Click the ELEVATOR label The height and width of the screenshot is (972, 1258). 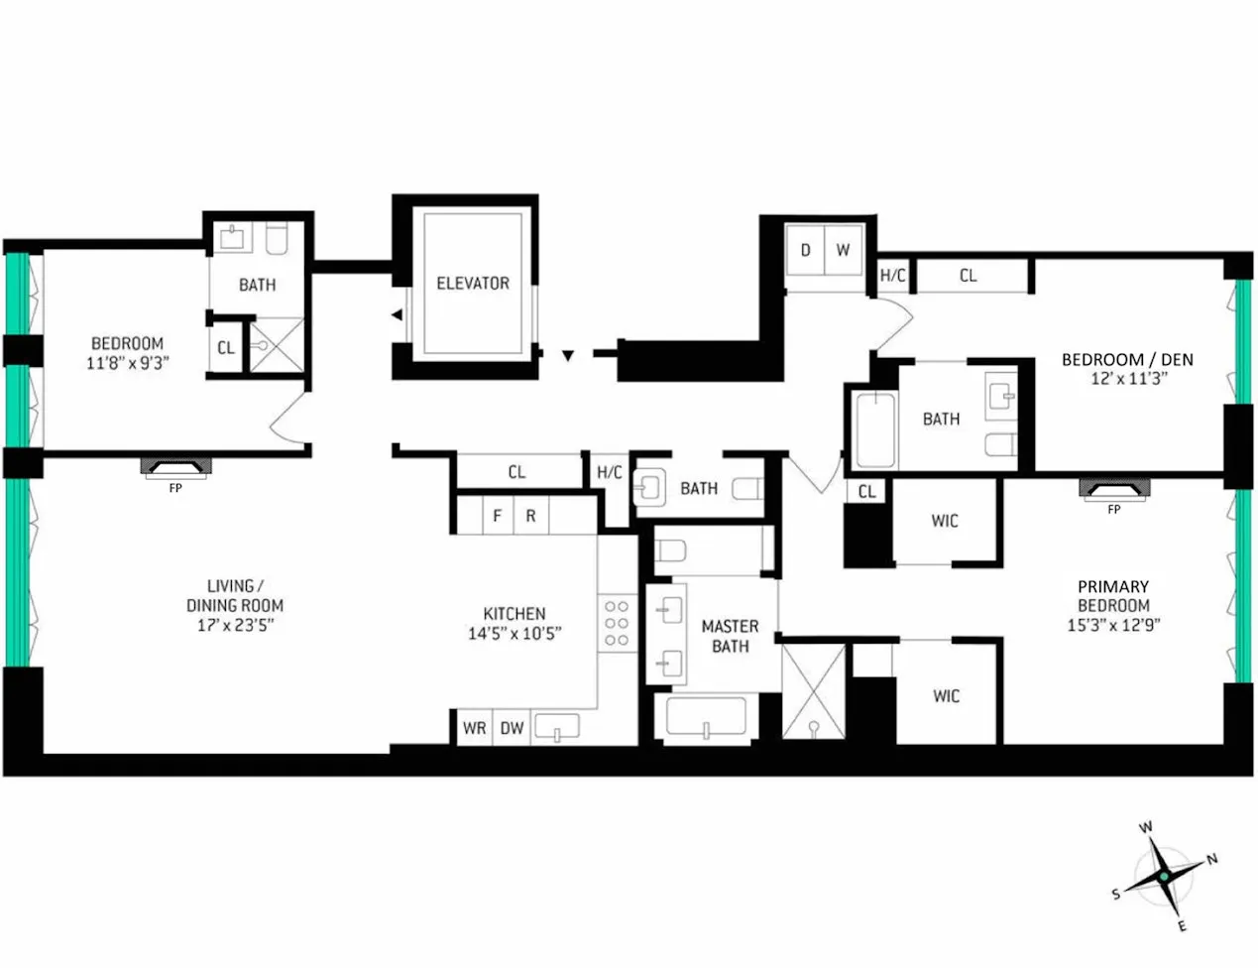click(x=473, y=284)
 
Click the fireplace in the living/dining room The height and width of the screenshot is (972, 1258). click(x=175, y=467)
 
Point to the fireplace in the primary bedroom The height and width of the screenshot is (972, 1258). click(x=1114, y=489)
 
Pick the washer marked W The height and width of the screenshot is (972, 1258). click(x=843, y=250)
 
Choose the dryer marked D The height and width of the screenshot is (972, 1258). click(x=805, y=250)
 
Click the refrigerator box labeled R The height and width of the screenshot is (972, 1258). click(x=530, y=516)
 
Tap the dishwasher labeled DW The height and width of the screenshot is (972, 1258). click(x=512, y=728)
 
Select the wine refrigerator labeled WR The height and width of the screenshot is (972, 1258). click(x=474, y=728)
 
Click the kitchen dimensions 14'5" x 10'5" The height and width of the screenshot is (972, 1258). click(x=515, y=634)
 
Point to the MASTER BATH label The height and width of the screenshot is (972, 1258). click(x=730, y=636)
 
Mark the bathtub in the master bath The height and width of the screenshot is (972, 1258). click(x=706, y=718)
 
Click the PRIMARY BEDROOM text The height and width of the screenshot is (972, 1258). click(x=1113, y=596)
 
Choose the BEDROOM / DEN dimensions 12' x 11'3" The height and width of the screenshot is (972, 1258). click(x=1128, y=379)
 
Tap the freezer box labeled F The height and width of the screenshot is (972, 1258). click(x=498, y=516)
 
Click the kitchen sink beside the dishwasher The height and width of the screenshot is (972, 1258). click(x=557, y=728)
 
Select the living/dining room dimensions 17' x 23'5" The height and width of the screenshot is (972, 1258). click(x=235, y=625)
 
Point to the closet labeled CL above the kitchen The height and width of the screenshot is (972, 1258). click(x=516, y=472)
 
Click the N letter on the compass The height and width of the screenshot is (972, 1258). click(x=1211, y=859)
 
